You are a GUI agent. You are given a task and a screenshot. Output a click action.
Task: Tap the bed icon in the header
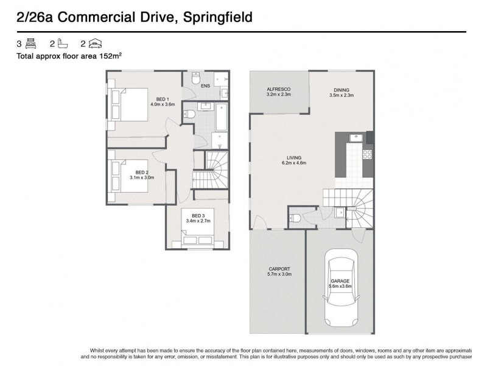(x=32, y=43)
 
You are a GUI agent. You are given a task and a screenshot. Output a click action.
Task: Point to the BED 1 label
(x=163, y=99)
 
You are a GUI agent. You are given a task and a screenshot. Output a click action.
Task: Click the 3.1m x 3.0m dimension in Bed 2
(x=142, y=178)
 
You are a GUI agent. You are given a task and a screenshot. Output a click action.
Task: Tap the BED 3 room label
(x=198, y=215)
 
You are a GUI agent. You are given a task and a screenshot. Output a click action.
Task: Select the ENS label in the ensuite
(x=206, y=86)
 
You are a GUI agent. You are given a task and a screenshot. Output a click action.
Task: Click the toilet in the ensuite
(x=195, y=79)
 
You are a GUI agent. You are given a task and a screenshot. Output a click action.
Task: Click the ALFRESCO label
(x=278, y=90)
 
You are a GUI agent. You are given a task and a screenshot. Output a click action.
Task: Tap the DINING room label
(x=341, y=90)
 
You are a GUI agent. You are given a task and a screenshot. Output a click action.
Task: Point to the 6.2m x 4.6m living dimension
(x=293, y=163)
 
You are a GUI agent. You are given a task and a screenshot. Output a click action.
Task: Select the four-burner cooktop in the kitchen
(x=367, y=154)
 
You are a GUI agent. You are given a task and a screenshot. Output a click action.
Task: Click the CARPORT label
(x=279, y=269)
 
